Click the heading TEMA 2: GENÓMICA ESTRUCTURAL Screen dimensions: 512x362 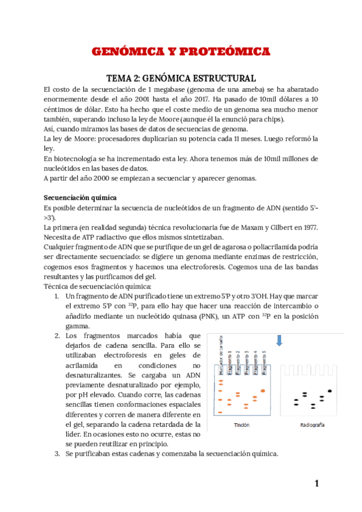click(181, 78)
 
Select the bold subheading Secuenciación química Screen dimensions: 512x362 click(80, 198)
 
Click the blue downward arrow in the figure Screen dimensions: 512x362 click(279, 341)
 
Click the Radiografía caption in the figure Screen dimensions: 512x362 click(312, 425)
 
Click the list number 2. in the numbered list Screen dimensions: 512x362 click(56, 336)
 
